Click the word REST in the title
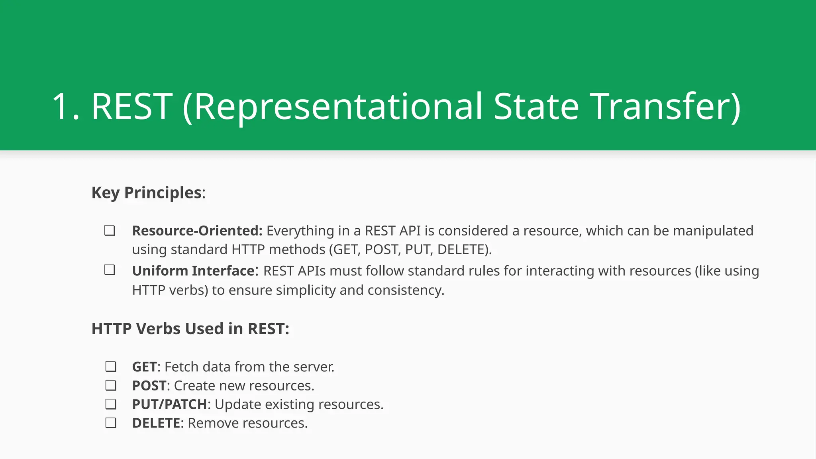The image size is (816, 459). click(x=132, y=106)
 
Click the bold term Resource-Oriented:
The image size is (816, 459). click(x=197, y=231)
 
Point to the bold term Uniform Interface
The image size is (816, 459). click(x=193, y=271)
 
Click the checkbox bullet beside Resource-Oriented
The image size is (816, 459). click(x=110, y=231)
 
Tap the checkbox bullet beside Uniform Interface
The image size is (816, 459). click(x=110, y=270)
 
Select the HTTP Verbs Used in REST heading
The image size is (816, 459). click(x=190, y=329)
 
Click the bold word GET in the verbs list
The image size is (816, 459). click(x=144, y=367)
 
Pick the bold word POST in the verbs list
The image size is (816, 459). click(x=149, y=386)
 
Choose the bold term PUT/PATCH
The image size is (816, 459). click(x=169, y=404)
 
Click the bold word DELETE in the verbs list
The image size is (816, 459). click(x=156, y=423)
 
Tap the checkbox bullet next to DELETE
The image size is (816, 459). click(x=111, y=423)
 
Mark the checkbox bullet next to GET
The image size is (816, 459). click(x=111, y=367)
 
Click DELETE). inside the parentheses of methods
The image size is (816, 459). click(x=464, y=250)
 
